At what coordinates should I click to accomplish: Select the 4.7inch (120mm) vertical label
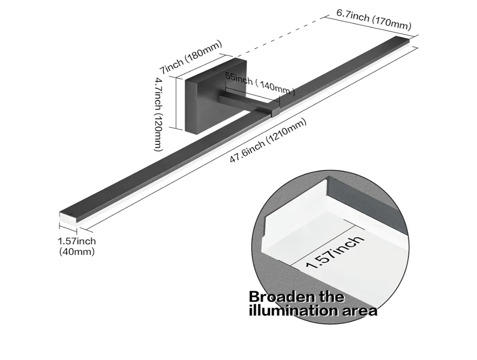point(158,114)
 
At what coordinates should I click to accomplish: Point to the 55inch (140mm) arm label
point(260,84)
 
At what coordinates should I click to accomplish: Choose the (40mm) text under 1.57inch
point(77,252)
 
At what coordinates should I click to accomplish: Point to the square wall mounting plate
point(216,96)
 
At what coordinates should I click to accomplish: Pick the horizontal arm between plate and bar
point(246,102)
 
